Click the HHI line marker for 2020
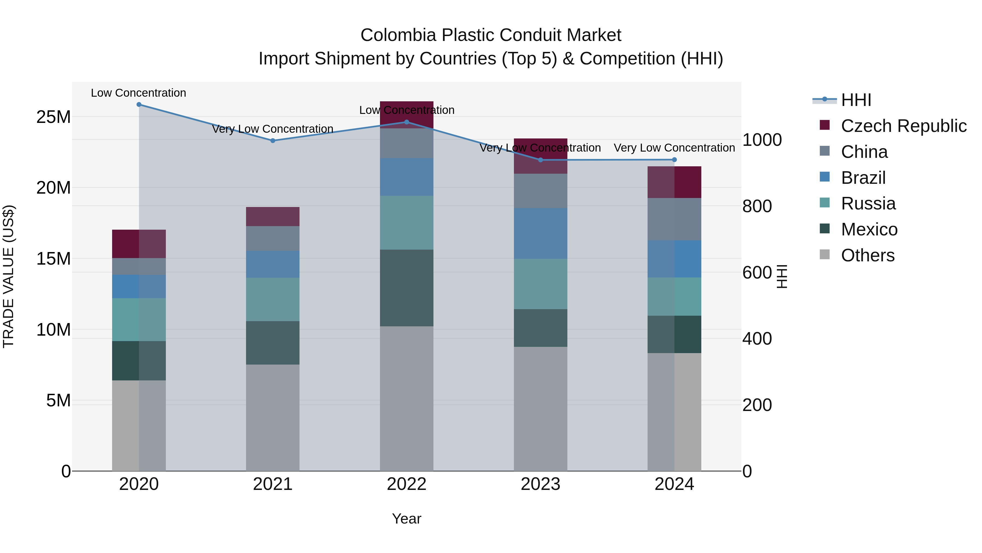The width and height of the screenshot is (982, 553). click(x=139, y=105)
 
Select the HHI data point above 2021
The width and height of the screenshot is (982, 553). click(x=273, y=140)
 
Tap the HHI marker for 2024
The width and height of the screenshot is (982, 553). click(x=674, y=159)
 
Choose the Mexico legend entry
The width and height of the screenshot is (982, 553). click(x=869, y=229)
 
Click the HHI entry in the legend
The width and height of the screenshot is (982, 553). click(x=856, y=100)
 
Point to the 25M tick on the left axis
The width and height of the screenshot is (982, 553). click(x=53, y=117)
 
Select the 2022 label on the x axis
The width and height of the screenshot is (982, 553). click(x=406, y=484)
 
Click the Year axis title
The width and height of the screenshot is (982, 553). click(x=406, y=519)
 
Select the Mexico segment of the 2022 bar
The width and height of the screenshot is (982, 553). click(x=406, y=288)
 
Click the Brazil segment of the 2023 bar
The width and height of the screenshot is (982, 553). click(x=540, y=233)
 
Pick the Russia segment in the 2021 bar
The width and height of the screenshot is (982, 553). click(x=273, y=299)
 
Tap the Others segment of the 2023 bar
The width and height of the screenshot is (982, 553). click(x=540, y=408)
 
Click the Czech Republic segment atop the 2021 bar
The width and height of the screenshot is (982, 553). click(x=273, y=216)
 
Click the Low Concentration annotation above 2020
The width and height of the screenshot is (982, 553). click(x=138, y=93)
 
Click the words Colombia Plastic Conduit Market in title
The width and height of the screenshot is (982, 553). click(x=491, y=35)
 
